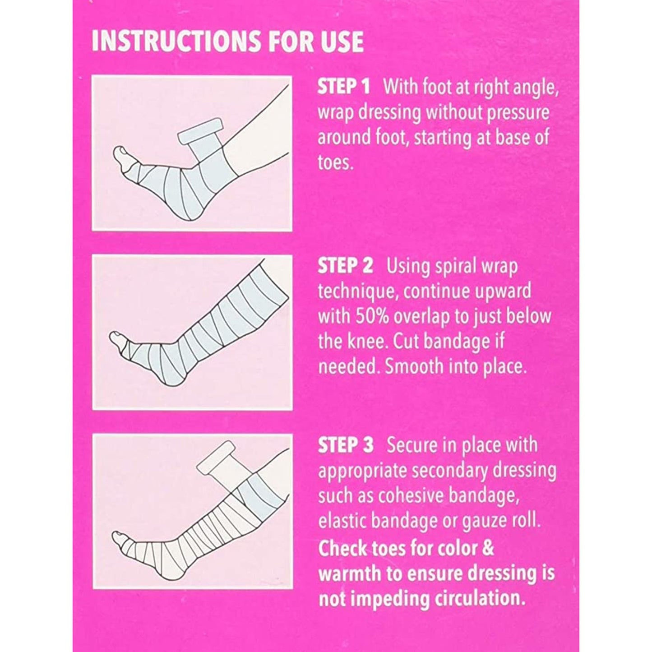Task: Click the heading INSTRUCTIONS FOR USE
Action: pos(227,41)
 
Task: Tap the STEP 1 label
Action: pos(343,87)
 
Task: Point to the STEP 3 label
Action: pos(346,445)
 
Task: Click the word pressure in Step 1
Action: pos(519,112)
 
